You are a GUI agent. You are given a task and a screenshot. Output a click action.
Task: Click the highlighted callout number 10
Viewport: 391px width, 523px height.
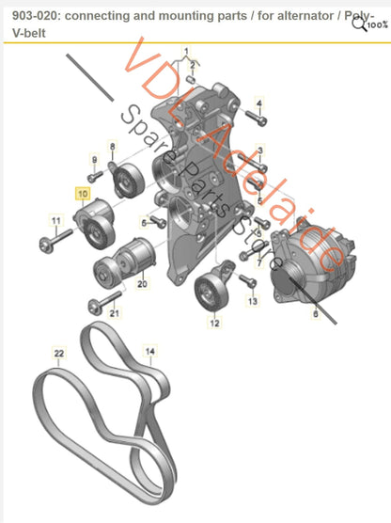[83, 194]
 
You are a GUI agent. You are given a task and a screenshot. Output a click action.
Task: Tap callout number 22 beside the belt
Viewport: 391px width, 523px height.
[58, 354]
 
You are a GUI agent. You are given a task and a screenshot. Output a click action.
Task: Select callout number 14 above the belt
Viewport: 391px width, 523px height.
[150, 351]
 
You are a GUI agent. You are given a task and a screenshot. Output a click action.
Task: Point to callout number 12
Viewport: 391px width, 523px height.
[214, 323]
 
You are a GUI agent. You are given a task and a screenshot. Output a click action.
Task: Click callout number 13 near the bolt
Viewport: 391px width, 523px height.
[253, 301]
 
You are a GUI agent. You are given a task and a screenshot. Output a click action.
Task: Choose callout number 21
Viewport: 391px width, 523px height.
[115, 313]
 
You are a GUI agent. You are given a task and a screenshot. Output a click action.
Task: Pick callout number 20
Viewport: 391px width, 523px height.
[142, 284]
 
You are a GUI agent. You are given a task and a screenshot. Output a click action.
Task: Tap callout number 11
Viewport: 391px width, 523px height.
[56, 220]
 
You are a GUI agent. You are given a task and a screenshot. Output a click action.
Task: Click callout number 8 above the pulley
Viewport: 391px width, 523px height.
[113, 146]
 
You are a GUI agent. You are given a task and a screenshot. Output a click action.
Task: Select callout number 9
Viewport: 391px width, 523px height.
[94, 159]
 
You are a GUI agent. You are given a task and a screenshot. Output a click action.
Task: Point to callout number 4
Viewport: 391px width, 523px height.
[259, 103]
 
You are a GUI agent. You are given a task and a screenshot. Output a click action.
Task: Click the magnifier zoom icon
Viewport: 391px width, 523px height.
[359, 24]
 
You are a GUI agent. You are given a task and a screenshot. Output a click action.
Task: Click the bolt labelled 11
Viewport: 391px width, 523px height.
[55, 241]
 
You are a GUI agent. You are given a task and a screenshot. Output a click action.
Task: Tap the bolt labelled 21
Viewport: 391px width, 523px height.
[104, 303]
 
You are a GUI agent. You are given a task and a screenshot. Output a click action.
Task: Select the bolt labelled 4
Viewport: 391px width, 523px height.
[257, 119]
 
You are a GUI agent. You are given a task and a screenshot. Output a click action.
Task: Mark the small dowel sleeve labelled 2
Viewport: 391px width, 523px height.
[191, 80]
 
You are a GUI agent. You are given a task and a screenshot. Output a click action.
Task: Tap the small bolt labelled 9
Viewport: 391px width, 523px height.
[95, 177]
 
